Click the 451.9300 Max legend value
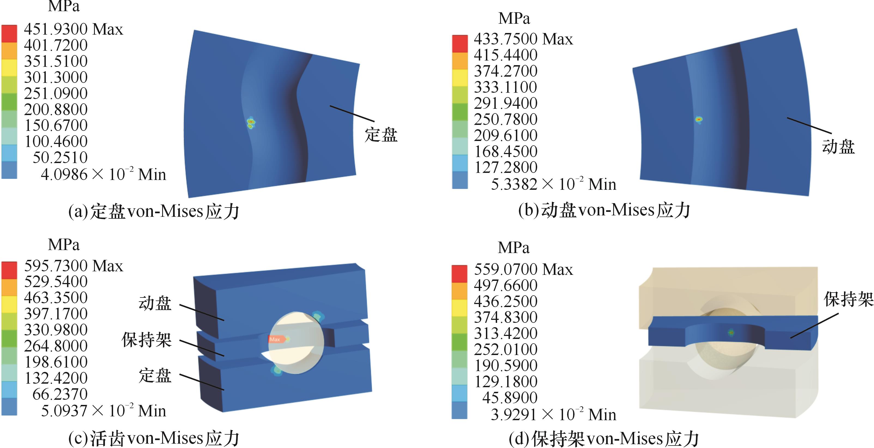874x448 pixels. (x=73, y=29)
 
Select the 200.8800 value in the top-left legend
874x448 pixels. (x=56, y=109)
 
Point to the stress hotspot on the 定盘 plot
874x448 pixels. (x=251, y=123)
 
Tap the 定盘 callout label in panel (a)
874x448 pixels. (x=381, y=135)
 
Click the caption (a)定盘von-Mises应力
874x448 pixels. (x=154, y=211)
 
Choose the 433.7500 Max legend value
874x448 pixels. (x=523, y=39)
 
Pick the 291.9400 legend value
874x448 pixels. (x=506, y=103)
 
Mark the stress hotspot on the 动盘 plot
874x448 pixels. (x=698, y=119)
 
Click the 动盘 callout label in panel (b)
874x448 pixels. (x=838, y=147)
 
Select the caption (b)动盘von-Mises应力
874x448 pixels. (x=604, y=210)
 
